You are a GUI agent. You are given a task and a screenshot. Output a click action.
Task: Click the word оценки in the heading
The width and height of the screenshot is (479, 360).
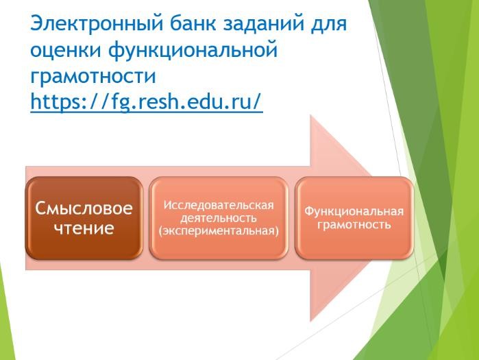click(66, 50)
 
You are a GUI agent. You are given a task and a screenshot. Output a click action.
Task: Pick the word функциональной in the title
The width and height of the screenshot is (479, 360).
click(193, 49)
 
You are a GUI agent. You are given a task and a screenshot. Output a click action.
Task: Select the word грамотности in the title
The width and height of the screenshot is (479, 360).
click(93, 76)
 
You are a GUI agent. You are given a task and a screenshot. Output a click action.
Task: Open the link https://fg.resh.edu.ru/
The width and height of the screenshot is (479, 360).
click(147, 101)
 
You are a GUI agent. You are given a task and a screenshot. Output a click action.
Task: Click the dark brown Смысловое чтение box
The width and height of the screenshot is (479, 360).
click(84, 218)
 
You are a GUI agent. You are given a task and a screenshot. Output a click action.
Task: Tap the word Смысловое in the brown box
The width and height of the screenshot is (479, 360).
click(84, 208)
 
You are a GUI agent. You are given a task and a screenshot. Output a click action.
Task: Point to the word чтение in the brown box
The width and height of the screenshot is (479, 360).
click(84, 228)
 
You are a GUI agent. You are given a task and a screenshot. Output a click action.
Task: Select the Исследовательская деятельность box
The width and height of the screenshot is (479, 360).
click(219, 218)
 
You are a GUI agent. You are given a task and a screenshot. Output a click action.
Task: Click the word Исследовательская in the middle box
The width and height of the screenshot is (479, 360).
click(219, 205)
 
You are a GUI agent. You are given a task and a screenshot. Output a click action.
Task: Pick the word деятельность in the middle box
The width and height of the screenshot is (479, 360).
click(219, 218)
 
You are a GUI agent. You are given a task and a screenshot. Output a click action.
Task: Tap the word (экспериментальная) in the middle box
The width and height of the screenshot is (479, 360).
click(219, 230)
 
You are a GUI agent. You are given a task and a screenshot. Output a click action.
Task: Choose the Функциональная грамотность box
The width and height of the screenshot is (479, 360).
click(354, 218)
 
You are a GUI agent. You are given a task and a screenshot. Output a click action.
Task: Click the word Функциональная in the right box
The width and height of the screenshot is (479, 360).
click(354, 211)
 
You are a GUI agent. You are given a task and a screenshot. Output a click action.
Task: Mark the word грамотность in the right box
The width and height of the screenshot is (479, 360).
click(354, 225)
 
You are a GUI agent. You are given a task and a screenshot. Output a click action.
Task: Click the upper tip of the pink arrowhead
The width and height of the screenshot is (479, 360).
click(310, 115)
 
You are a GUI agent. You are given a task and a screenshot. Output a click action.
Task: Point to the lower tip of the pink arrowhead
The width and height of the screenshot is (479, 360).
click(310, 322)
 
